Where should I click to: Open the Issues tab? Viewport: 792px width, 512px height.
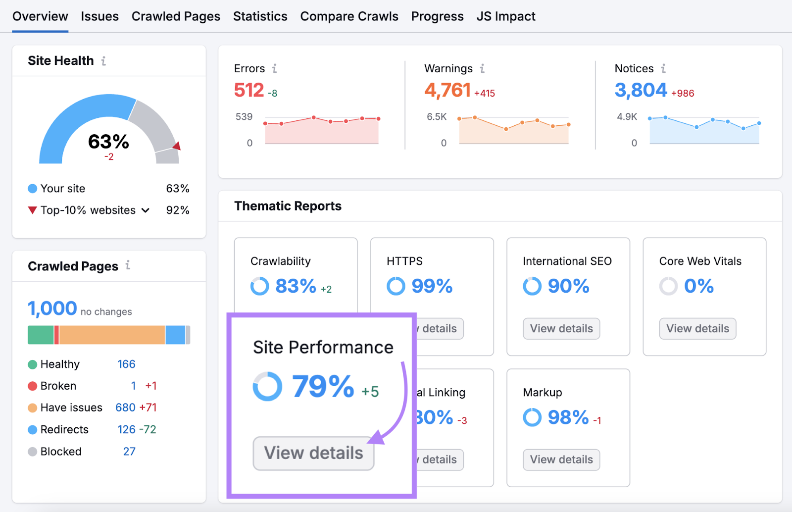[99, 16]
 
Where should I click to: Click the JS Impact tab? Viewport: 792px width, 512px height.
[505, 16]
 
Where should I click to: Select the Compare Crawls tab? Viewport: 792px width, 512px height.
[349, 16]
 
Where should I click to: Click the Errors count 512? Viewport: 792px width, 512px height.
[249, 90]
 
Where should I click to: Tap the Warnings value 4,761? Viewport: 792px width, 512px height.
[447, 90]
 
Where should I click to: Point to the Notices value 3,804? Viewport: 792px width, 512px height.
[641, 90]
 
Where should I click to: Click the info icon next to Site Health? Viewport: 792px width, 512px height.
[103, 61]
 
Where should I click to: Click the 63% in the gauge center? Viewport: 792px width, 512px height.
[108, 142]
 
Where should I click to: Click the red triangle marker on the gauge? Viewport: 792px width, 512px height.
[177, 146]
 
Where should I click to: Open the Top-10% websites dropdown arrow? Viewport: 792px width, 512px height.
[146, 210]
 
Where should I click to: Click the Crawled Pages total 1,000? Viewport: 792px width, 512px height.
[52, 308]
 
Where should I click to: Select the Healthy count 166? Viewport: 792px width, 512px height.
[126, 364]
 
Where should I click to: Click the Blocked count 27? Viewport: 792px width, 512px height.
[129, 452]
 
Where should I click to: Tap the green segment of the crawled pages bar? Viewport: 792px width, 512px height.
[41, 335]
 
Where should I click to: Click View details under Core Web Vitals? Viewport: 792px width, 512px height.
[697, 329]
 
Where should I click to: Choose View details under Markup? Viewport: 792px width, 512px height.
[561, 460]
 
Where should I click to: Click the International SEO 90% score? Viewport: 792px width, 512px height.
[568, 286]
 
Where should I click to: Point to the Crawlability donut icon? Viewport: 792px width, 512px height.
[259, 286]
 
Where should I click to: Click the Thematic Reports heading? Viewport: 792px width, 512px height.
[288, 206]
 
